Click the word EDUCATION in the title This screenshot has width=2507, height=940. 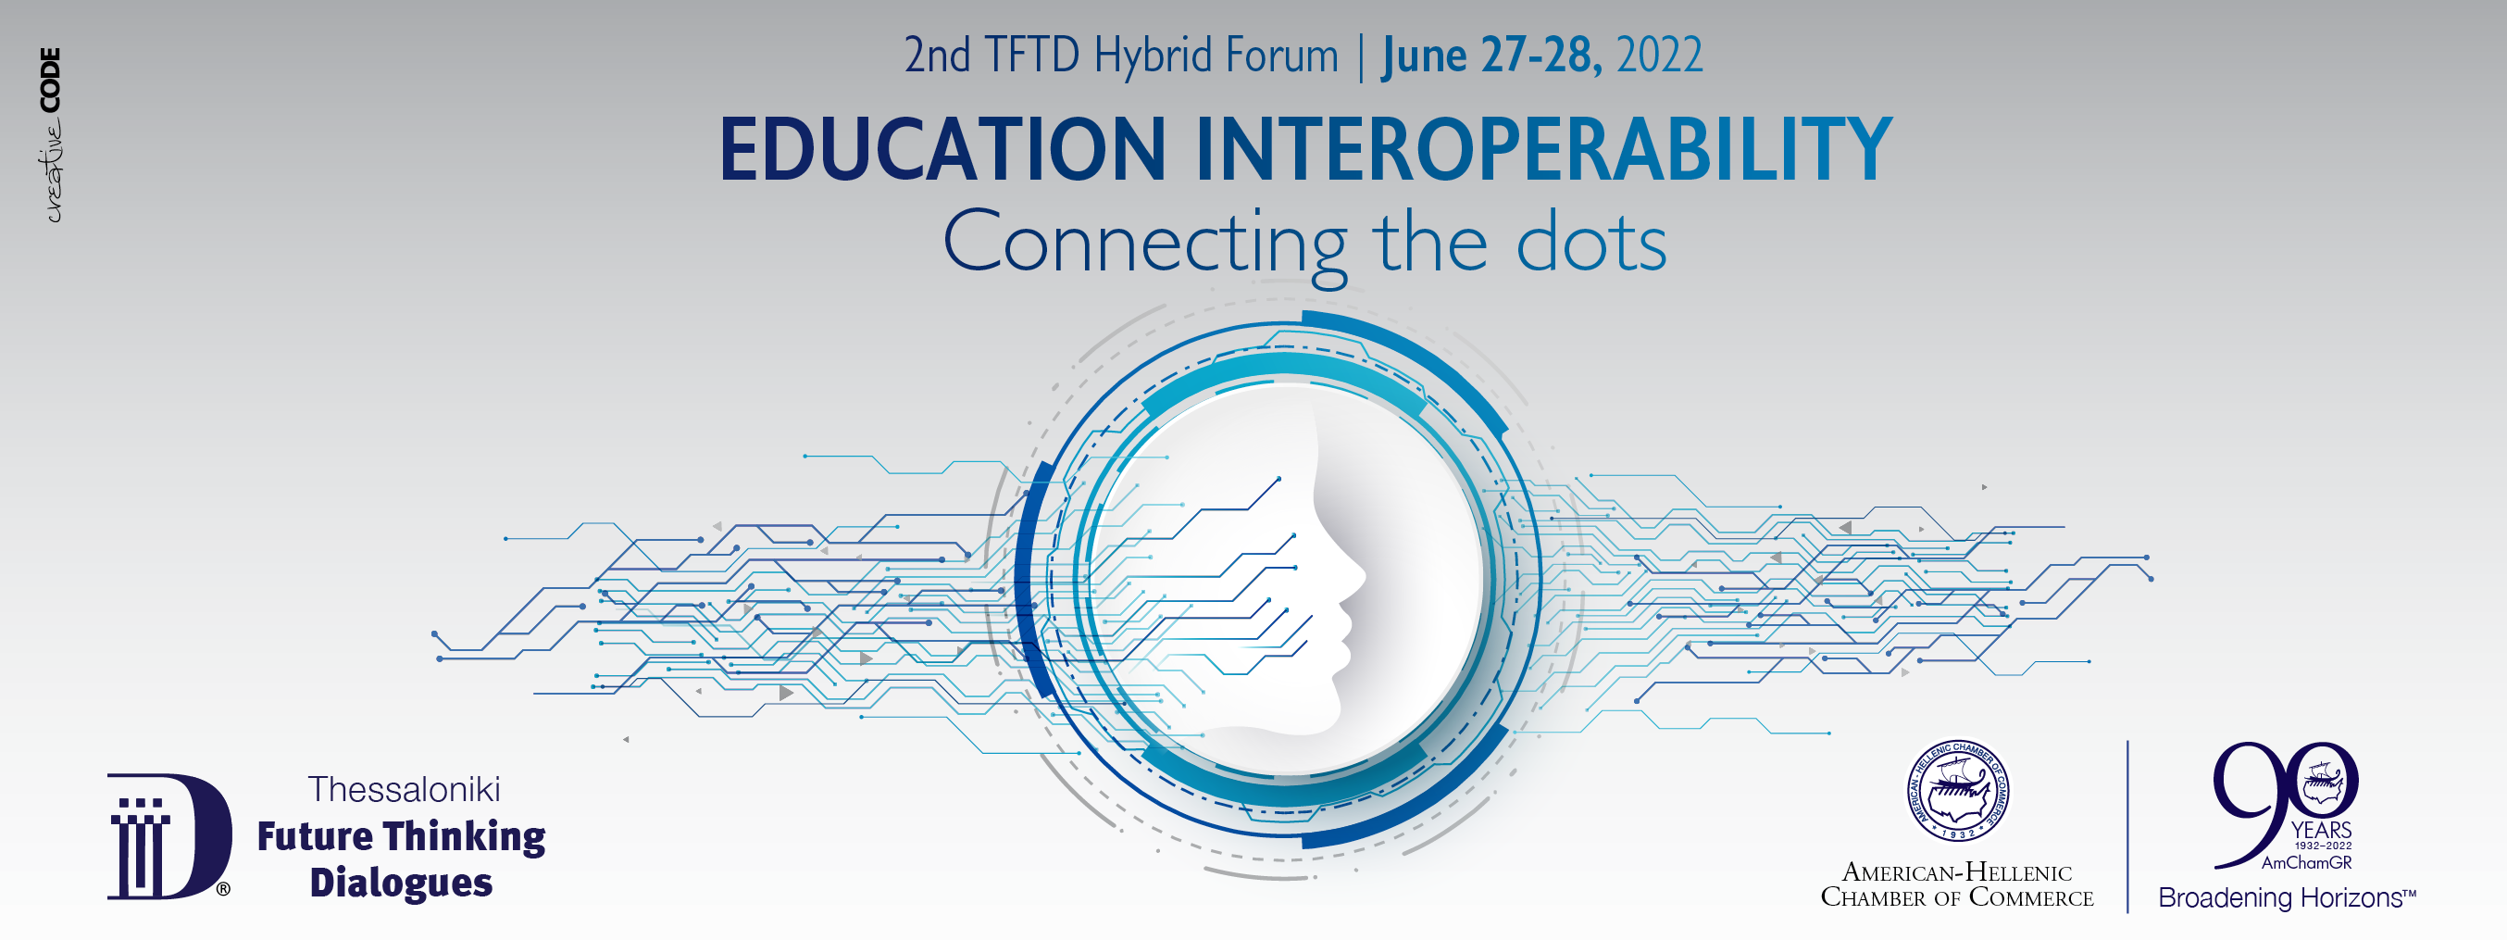point(942,149)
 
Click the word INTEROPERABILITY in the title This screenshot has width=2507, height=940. point(1543,149)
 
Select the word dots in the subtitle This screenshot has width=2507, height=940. point(1591,244)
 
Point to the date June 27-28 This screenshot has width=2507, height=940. point(1491,56)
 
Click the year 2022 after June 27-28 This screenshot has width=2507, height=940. point(1659,56)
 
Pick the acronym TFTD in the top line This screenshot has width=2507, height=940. point(1031,56)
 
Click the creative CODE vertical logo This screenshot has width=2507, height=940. point(52,135)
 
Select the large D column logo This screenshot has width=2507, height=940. point(169,836)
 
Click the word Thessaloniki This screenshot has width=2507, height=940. point(404,789)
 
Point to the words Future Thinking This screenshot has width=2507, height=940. point(401,837)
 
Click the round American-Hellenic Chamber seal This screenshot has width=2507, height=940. point(1958,791)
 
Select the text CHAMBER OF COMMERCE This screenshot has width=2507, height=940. point(1957,897)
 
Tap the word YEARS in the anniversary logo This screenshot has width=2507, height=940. point(2321,830)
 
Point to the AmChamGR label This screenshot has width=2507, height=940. point(2306,862)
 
